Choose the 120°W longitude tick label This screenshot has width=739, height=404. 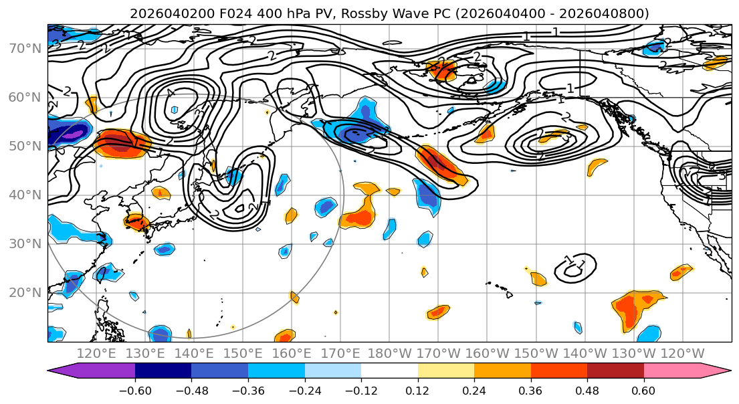682,353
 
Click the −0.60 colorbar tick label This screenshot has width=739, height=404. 135,390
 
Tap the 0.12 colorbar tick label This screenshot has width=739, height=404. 417,390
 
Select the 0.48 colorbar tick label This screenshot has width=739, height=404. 587,390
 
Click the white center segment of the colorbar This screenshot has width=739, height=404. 389,371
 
